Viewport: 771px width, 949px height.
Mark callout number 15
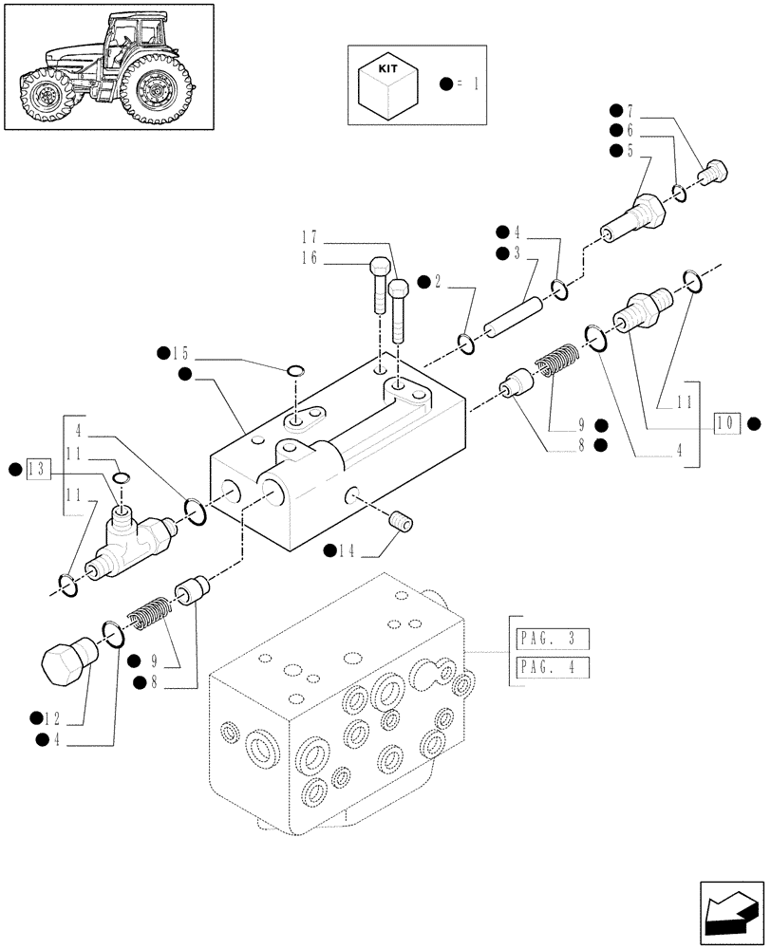pyautogui.click(x=184, y=353)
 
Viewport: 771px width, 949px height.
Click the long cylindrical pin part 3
pyautogui.click(x=514, y=318)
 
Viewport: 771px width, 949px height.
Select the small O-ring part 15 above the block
pyautogui.click(x=295, y=370)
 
